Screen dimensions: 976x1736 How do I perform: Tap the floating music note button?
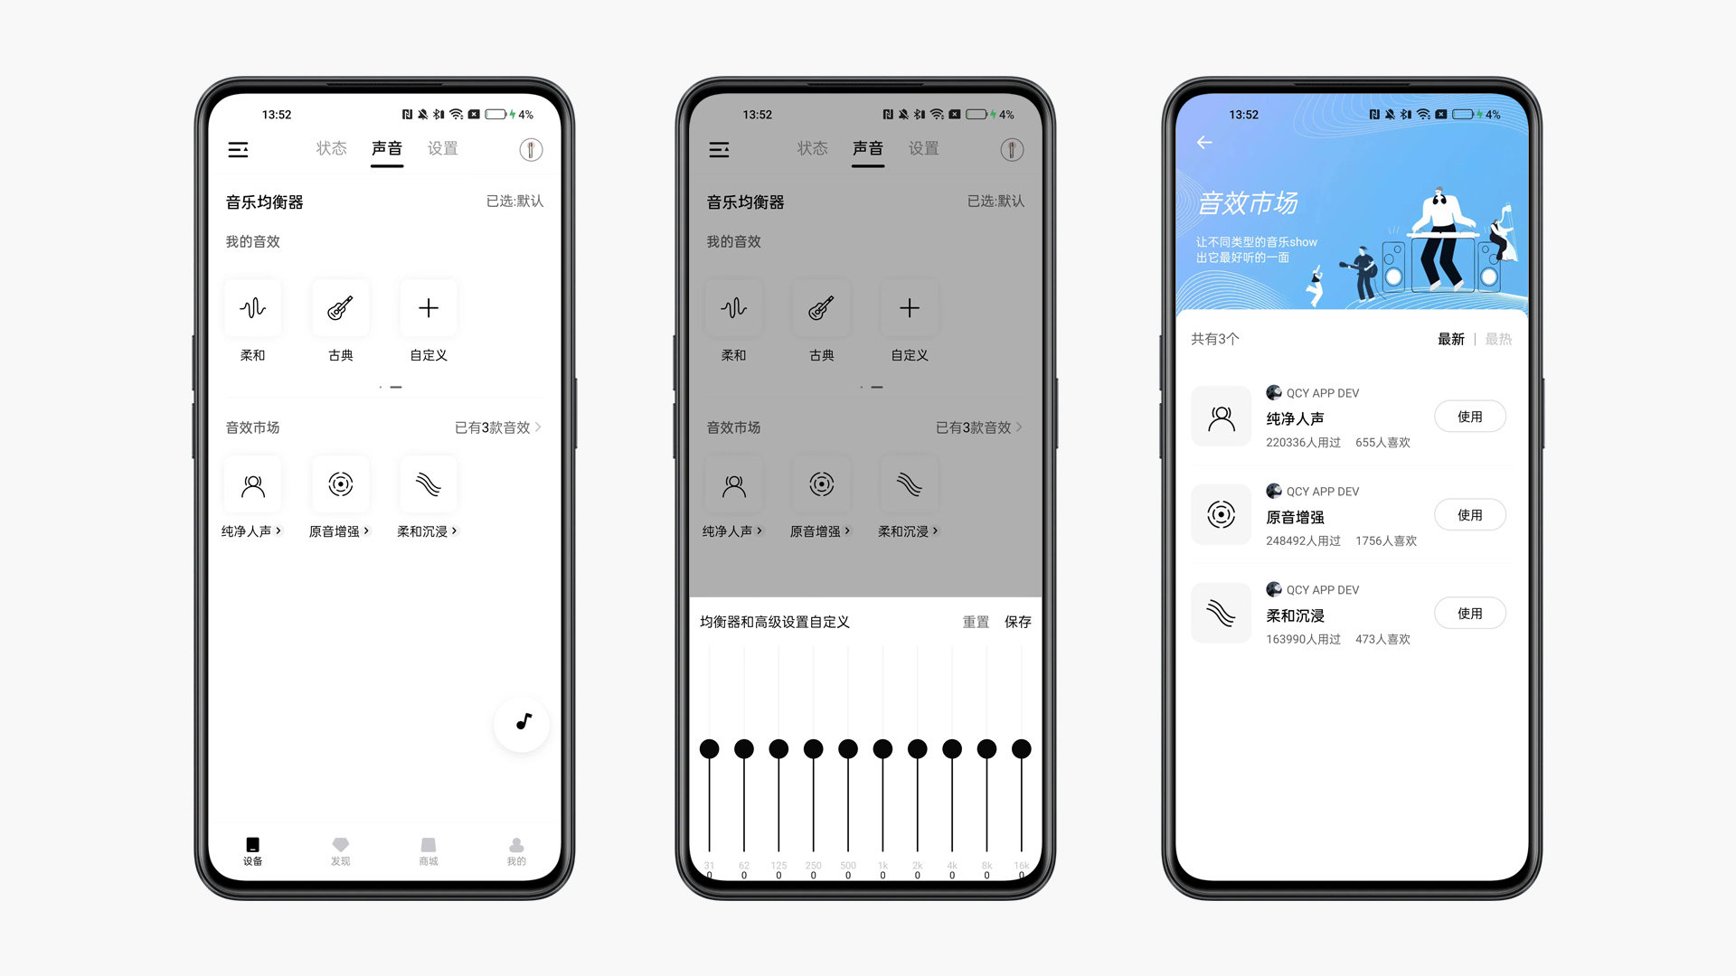[522, 722]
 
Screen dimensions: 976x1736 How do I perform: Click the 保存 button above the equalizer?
[1017, 622]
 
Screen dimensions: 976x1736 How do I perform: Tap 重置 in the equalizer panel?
[976, 622]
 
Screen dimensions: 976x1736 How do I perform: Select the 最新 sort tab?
[1450, 339]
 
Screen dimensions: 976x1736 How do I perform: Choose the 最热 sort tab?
[1498, 339]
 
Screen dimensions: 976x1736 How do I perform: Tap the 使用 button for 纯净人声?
[1469, 417]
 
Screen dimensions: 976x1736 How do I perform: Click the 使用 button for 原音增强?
[1469, 515]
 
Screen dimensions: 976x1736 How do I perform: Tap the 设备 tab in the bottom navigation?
[252, 850]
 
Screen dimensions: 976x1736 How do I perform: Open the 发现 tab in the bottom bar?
[340, 850]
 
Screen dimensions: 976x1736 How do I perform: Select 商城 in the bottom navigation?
[429, 850]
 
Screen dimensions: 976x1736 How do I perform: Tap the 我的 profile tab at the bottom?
[516, 850]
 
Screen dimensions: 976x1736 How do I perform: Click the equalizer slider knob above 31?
[710, 749]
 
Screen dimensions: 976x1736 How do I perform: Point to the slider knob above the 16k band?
[1022, 749]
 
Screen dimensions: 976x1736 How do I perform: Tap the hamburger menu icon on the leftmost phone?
[239, 150]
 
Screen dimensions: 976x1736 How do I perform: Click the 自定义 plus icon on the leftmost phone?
[429, 308]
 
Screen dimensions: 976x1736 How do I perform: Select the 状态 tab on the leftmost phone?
[331, 148]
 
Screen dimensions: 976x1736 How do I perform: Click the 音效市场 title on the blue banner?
[1248, 203]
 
